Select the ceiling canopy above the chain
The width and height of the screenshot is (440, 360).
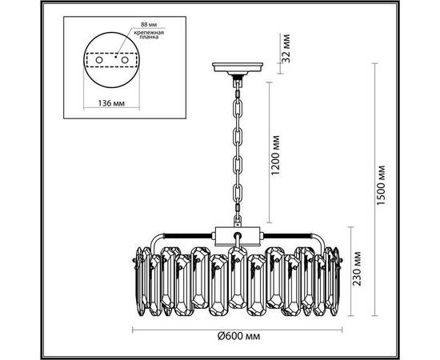point(237,69)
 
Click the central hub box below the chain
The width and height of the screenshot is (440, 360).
point(237,237)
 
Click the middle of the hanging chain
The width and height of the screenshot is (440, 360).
point(237,152)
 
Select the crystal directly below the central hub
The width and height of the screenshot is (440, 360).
point(237,280)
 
